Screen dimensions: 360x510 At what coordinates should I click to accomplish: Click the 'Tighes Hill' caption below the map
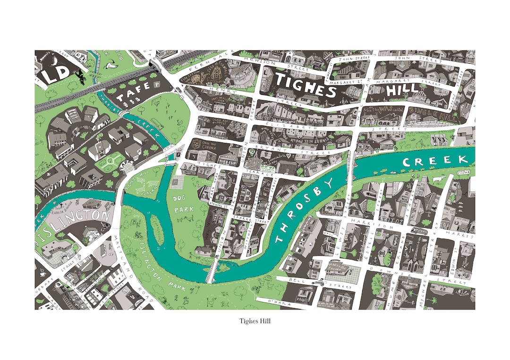(x=255, y=322)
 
